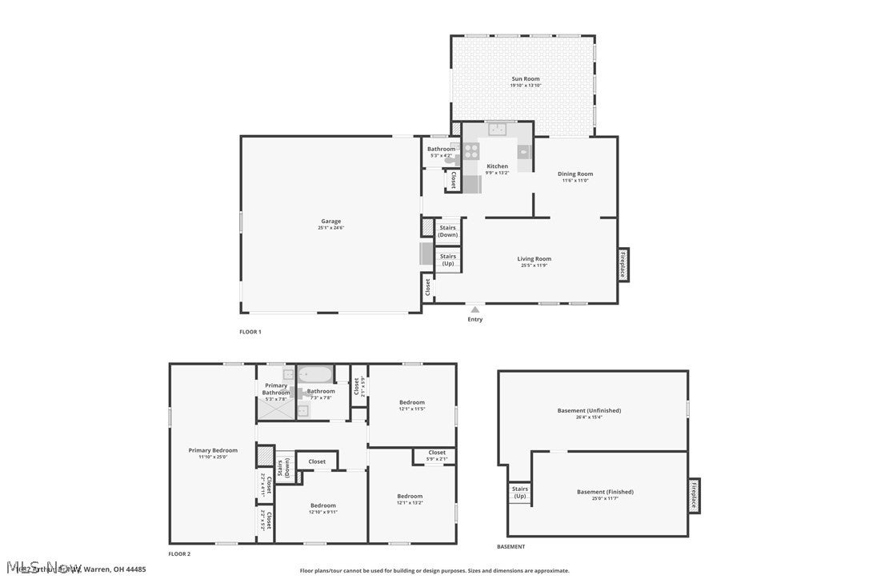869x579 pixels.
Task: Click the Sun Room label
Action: [x=526, y=79]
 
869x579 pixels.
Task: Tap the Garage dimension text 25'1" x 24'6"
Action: [x=330, y=228]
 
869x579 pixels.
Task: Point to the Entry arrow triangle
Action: [x=475, y=309]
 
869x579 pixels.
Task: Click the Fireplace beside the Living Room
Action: [x=623, y=264]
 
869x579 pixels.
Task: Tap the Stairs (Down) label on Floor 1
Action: [x=448, y=231]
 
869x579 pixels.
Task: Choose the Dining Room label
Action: [x=575, y=174]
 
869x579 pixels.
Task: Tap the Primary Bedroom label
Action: [x=213, y=450]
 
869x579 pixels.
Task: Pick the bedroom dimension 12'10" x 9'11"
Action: [x=323, y=512]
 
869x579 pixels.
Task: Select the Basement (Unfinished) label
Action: [x=589, y=410]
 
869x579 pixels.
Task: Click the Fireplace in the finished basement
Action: [x=694, y=496]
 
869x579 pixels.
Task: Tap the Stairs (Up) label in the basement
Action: [x=520, y=492]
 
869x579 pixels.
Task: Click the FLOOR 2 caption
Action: [x=179, y=553]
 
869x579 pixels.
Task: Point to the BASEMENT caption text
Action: [x=511, y=547]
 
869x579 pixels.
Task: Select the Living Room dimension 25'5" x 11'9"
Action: [x=534, y=265]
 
